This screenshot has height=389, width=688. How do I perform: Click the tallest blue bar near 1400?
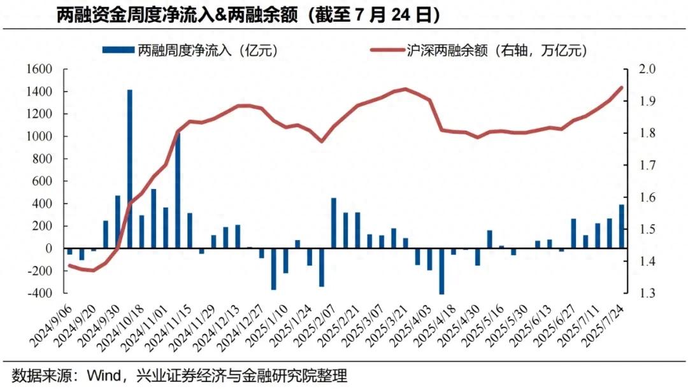(x=130, y=169)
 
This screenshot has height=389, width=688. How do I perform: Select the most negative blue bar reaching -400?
(x=441, y=271)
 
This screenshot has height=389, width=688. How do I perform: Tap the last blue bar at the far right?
(x=622, y=226)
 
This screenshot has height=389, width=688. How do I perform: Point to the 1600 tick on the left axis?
(x=39, y=69)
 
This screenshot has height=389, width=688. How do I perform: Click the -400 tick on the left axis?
(x=39, y=294)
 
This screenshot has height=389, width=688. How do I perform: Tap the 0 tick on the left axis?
(x=48, y=249)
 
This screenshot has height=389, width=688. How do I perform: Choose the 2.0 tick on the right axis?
(x=639, y=69)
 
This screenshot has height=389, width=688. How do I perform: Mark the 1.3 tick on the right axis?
(x=639, y=294)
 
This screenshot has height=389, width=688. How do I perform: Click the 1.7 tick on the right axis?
(x=639, y=166)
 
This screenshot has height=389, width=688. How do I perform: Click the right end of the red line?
(x=622, y=88)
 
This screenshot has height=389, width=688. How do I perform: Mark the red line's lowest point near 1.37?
(x=94, y=271)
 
